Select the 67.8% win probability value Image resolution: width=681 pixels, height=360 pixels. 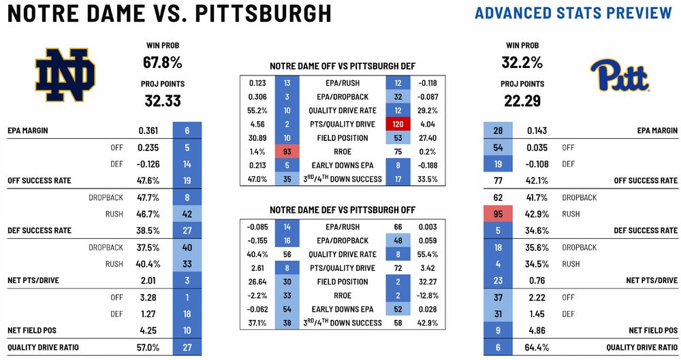tap(162, 63)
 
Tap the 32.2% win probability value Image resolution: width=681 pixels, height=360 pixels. tap(524, 63)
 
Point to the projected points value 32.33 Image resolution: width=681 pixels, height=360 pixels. tap(162, 101)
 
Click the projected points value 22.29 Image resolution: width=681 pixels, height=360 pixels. tap(524, 101)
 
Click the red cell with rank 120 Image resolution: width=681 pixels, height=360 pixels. tap(397, 124)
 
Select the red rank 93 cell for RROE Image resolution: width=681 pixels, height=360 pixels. tap(286, 152)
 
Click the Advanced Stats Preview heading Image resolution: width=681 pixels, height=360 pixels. tap(573, 13)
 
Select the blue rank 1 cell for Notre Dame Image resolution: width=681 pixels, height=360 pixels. tap(186, 297)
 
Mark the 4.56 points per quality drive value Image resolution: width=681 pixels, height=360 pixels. tap(257, 124)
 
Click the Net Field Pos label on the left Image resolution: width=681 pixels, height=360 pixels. tap(32, 330)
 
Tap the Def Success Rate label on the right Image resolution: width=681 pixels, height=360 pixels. tap(646, 230)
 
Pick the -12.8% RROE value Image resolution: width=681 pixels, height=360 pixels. tap(428, 295)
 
